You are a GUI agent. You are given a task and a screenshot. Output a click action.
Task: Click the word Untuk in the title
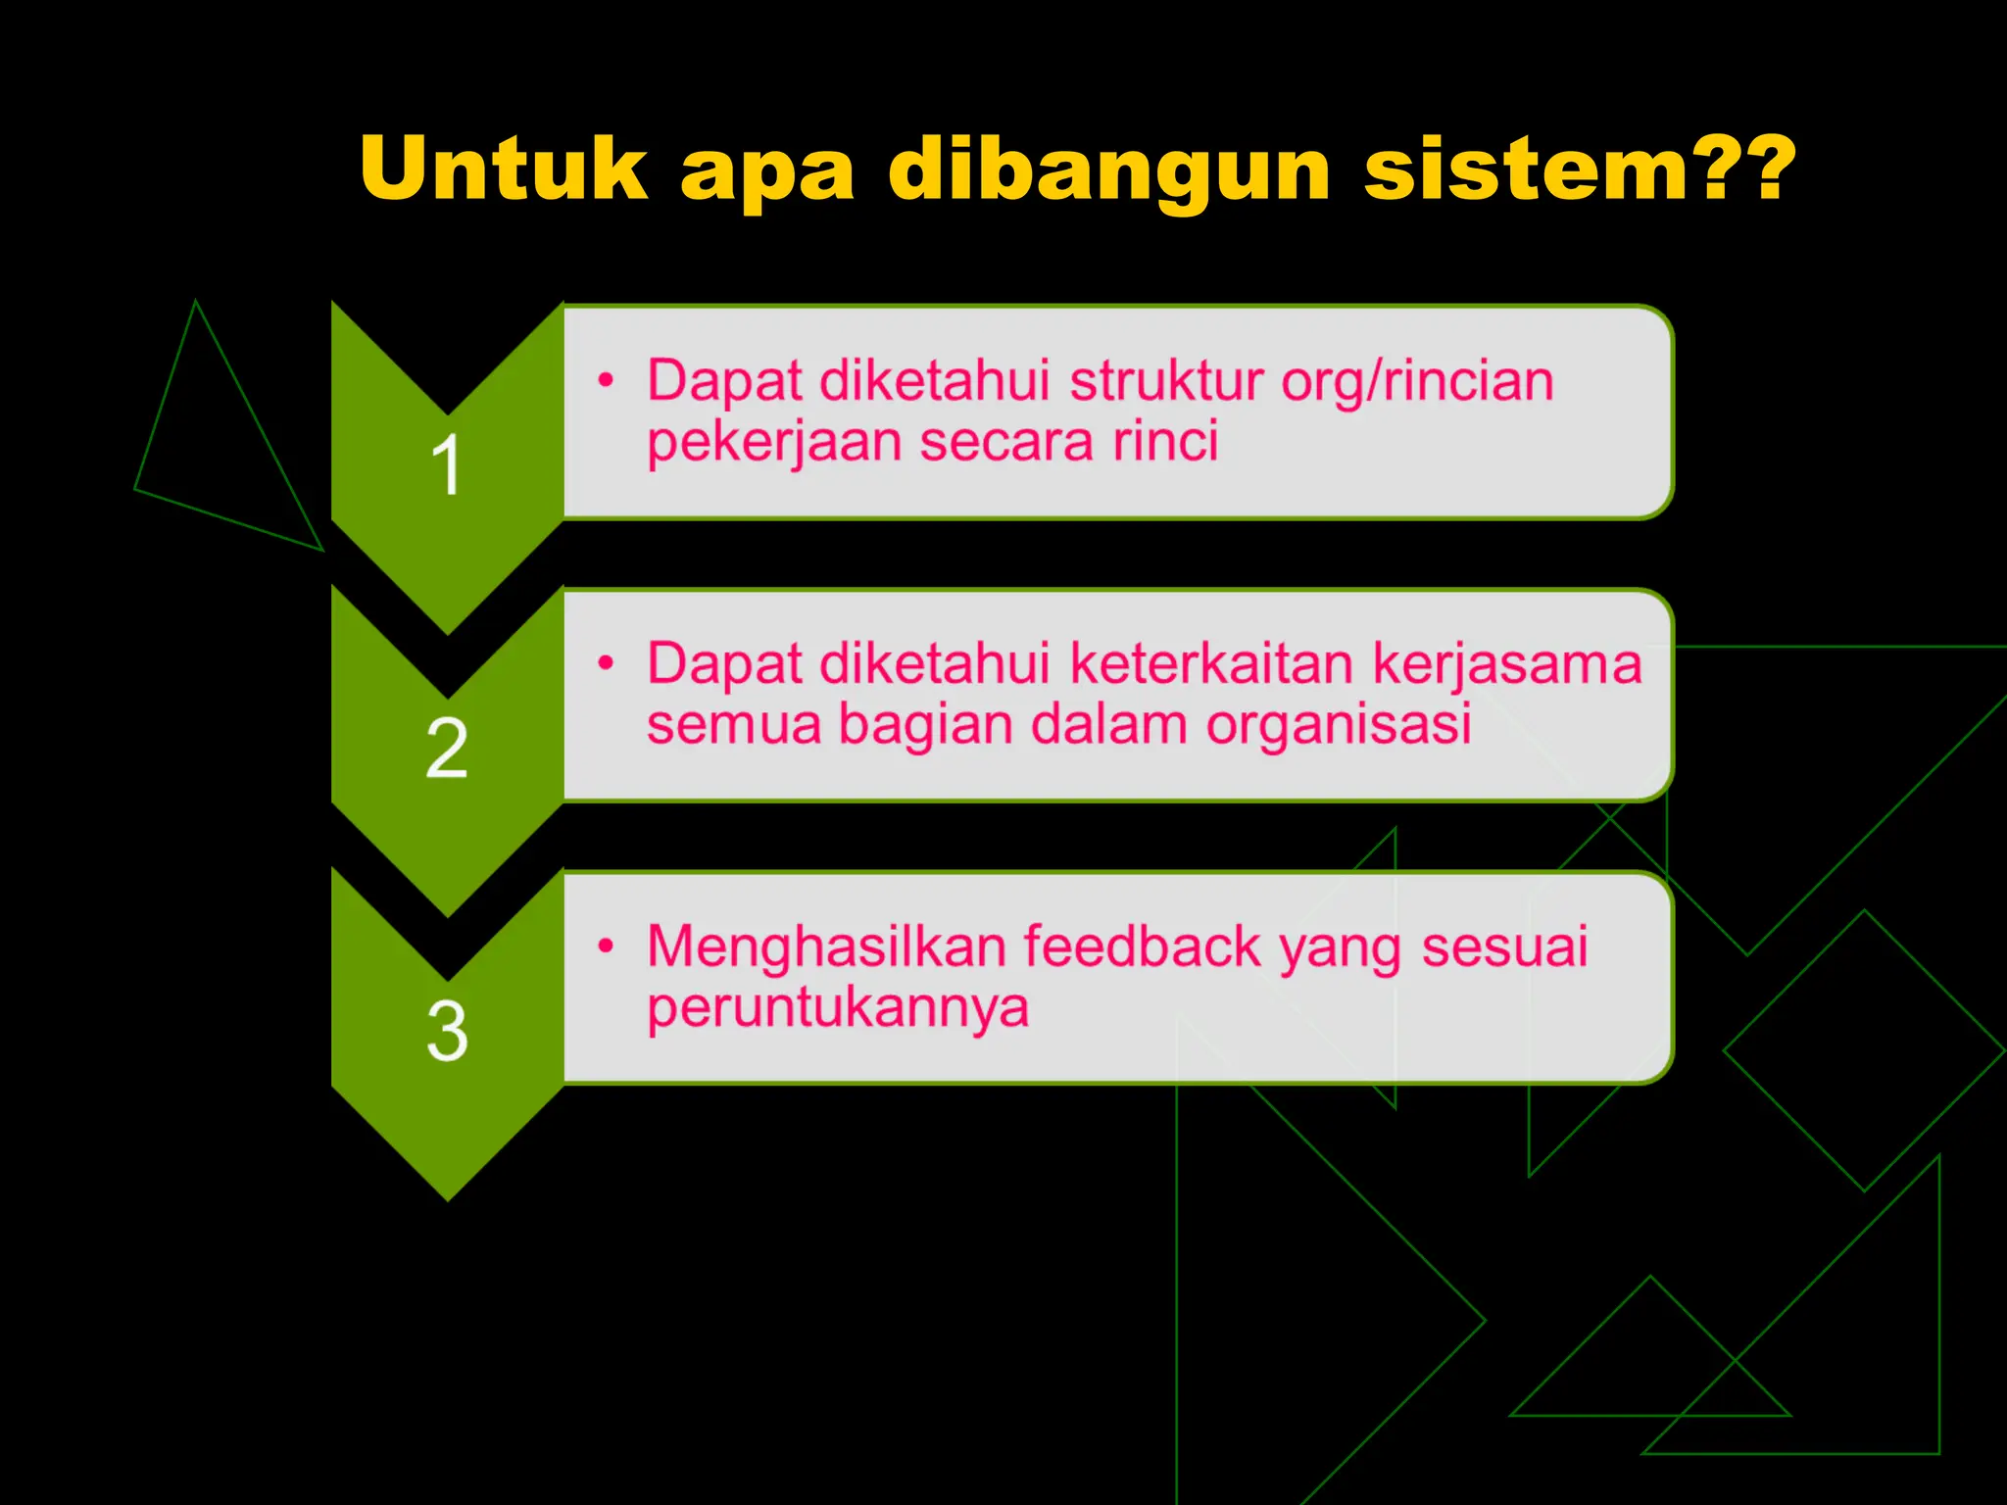[504, 169]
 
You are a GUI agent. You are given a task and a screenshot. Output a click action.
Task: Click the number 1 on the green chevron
[446, 464]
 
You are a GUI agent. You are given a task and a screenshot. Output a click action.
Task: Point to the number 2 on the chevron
[447, 748]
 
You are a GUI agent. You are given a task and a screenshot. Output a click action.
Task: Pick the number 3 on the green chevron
[447, 1031]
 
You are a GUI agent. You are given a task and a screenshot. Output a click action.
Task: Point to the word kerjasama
[1507, 664]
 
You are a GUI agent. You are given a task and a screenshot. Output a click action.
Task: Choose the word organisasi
[1339, 725]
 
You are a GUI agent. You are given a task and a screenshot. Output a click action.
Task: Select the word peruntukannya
[838, 1009]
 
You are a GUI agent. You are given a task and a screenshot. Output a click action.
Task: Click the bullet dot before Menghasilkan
[607, 947]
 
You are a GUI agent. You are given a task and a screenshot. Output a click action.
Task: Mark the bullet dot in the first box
[607, 379]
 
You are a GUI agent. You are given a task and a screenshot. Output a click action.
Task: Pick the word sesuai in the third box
[1504, 947]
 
